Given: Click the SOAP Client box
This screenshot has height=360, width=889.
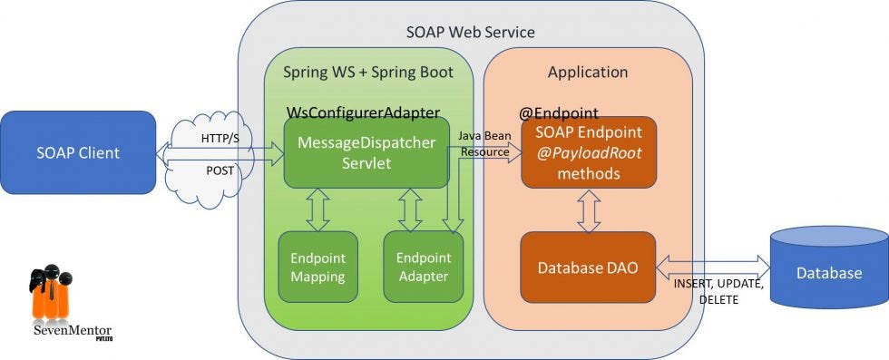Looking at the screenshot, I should [78, 152].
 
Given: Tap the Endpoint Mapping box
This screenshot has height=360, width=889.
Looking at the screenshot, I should [317, 267].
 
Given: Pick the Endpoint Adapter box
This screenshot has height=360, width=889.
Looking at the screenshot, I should [423, 267].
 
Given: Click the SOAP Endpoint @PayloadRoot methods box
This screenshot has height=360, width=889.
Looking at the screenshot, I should [588, 153].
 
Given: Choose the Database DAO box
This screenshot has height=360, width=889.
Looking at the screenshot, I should [587, 268].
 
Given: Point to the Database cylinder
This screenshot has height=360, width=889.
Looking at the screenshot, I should [829, 271].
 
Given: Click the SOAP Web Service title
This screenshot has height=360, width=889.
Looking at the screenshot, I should [470, 32].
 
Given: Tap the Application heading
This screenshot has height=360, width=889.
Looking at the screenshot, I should [588, 72].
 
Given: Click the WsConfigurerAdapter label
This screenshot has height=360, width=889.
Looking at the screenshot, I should [363, 112].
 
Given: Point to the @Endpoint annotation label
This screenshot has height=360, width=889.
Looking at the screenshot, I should [558, 113].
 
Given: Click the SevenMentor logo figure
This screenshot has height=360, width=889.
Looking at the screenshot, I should [50, 295].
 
